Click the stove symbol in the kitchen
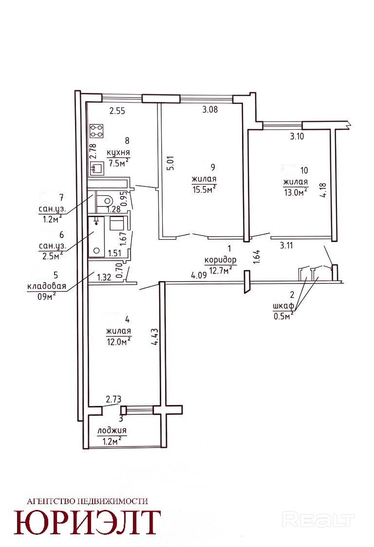tap(97, 131)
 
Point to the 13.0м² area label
tap(296, 192)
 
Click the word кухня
tap(118, 153)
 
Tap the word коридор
tap(221, 260)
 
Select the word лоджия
tap(112, 431)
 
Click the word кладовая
tap(47, 286)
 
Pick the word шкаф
tap(283, 306)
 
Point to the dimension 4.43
tap(154, 337)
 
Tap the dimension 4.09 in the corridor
tap(199, 275)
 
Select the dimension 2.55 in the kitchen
tap(117, 111)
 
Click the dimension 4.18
tap(323, 190)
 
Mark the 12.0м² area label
tap(119, 342)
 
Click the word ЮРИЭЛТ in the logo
tap(88, 523)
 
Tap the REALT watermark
tap(318, 520)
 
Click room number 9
tap(213, 167)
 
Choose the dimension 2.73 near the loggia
tap(113, 399)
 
